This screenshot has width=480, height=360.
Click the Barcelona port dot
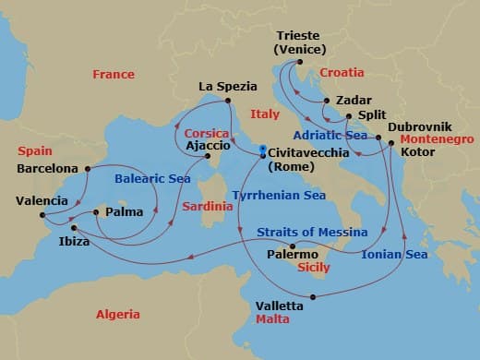(x=88, y=169)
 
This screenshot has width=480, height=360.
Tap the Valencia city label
(x=42, y=200)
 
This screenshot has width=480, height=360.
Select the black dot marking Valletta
(x=314, y=296)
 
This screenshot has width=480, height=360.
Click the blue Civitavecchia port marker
(x=263, y=151)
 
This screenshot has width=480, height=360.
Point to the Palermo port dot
(x=293, y=246)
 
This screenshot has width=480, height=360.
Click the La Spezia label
(x=226, y=87)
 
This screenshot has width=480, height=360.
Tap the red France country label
(x=114, y=75)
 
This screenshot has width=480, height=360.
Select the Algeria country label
(x=118, y=315)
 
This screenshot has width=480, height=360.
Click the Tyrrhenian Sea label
(x=278, y=196)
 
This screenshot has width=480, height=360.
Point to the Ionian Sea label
(x=394, y=254)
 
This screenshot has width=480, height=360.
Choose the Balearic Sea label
(x=153, y=179)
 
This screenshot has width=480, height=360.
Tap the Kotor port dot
(x=391, y=142)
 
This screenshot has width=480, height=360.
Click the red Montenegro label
(x=432, y=138)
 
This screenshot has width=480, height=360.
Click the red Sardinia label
(x=207, y=207)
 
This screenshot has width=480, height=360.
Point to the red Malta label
(x=272, y=319)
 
